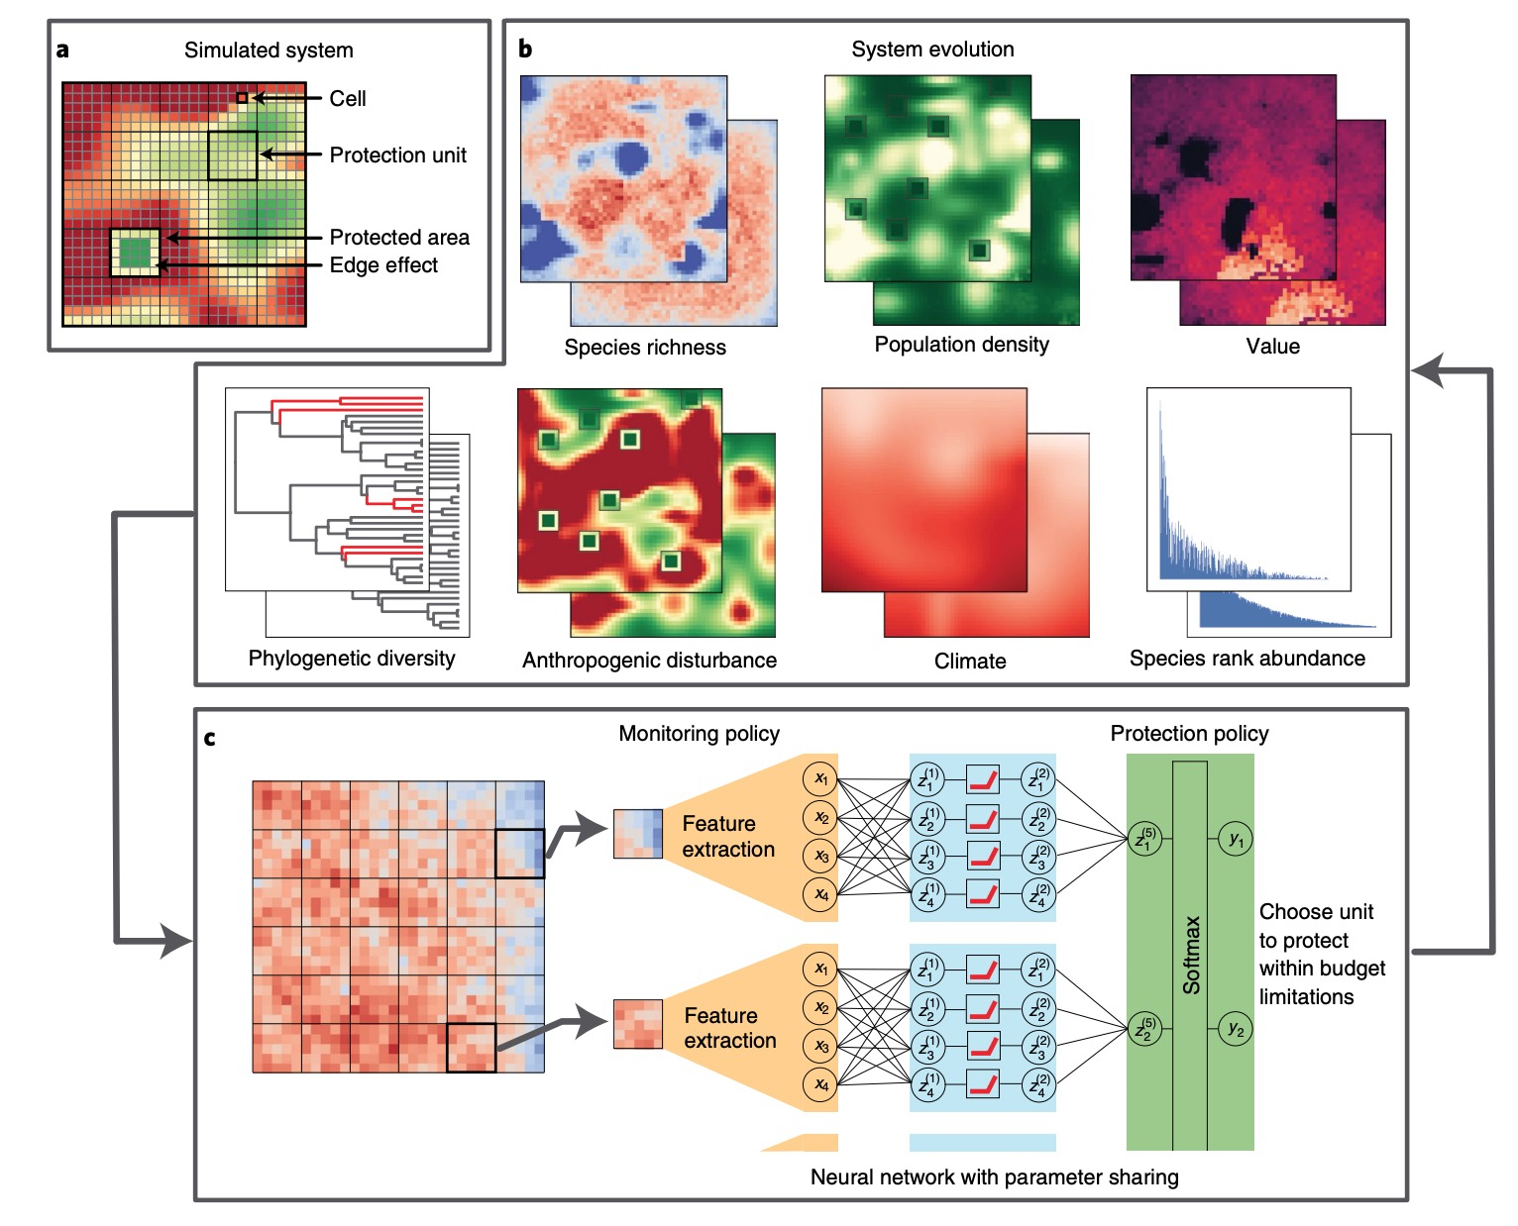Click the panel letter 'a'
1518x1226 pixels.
[63, 50]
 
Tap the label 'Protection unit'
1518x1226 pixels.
[397, 155]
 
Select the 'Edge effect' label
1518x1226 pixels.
[383, 265]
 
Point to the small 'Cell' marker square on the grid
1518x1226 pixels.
[242, 97]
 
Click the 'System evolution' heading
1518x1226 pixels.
[932, 50]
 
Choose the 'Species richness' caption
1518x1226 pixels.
[645, 348]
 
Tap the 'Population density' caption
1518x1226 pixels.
[961, 345]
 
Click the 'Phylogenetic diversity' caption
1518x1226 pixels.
[352, 658]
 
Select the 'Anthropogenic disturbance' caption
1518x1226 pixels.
[649, 661]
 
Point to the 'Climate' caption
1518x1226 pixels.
[970, 662]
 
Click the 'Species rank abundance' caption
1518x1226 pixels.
[1247, 659]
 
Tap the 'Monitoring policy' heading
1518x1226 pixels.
[699, 734]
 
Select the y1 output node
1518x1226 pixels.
[1236, 841]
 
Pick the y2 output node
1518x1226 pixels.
[1236, 1029]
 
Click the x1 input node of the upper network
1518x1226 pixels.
[820, 779]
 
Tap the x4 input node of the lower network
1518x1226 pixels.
[820, 1084]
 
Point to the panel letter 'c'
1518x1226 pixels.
[210, 739]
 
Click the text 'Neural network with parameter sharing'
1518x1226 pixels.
[995, 1177]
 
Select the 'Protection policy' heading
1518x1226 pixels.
[1189, 734]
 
